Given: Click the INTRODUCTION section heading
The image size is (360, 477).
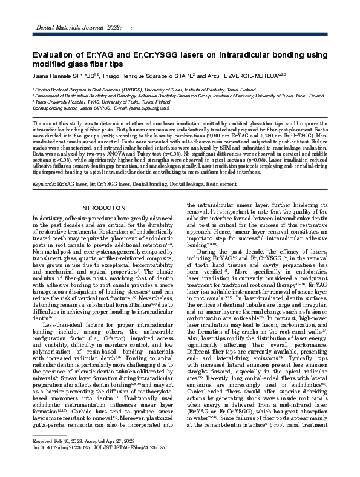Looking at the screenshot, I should point(104,208).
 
